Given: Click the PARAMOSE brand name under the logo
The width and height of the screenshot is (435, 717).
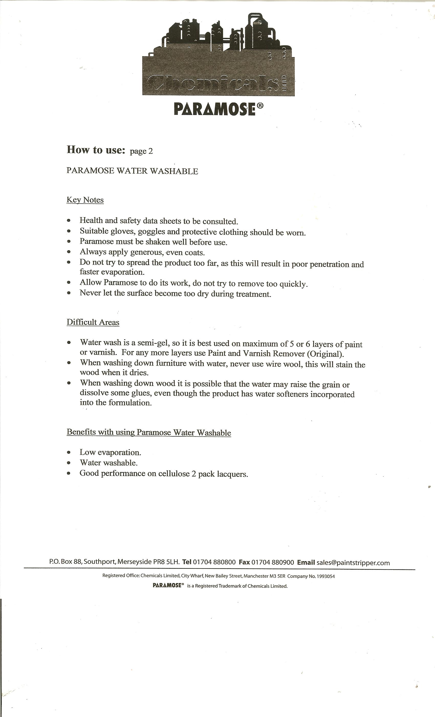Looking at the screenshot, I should pyautogui.click(x=215, y=109).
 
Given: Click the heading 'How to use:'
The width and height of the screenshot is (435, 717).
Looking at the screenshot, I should pyautogui.click(x=96, y=150).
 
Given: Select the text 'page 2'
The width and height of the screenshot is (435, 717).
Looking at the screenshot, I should pyautogui.click(x=141, y=151).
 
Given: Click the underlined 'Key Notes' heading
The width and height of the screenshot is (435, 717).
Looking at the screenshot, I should pyautogui.click(x=85, y=200).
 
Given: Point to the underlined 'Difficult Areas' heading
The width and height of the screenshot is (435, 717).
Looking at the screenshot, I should pyautogui.click(x=93, y=322).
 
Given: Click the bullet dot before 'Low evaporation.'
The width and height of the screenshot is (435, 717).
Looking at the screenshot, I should pyautogui.click(x=69, y=452).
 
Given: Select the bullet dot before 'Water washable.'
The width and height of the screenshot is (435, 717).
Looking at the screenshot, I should pyautogui.click(x=69, y=463).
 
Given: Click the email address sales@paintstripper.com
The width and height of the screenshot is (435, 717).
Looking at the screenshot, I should pyautogui.click(x=353, y=563).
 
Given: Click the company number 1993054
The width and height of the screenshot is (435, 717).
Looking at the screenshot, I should pyautogui.click(x=326, y=576).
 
